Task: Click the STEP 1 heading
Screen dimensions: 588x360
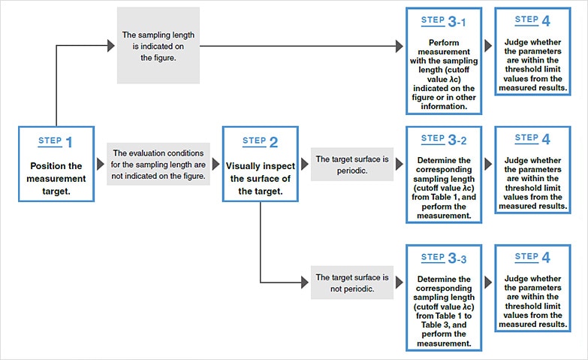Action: click(x=55, y=141)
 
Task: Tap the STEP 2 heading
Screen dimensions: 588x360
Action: click(x=260, y=141)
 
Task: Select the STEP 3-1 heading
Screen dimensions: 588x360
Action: click(x=443, y=21)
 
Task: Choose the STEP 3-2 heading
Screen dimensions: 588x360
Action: click(x=444, y=139)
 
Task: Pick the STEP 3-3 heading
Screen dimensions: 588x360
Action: click(x=444, y=258)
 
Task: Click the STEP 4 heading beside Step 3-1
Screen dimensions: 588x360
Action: click(x=532, y=20)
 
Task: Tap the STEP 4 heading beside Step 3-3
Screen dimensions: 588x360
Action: click(x=532, y=257)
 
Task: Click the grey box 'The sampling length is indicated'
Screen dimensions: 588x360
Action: click(x=158, y=45)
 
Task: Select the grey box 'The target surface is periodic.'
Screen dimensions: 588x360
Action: click(x=351, y=165)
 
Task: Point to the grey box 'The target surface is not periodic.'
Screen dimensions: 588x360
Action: click(x=351, y=283)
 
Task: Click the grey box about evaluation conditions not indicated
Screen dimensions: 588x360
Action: click(x=158, y=164)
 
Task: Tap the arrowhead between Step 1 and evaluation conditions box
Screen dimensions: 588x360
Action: click(x=101, y=164)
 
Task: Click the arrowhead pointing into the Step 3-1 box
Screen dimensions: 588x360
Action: click(x=400, y=46)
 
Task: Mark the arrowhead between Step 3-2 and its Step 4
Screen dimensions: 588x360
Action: click(x=488, y=164)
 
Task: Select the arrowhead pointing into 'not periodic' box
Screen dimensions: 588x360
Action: click(x=305, y=283)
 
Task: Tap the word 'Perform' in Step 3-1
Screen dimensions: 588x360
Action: click(x=444, y=42)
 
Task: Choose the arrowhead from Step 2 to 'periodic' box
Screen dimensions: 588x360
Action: click(x=305, y=164)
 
